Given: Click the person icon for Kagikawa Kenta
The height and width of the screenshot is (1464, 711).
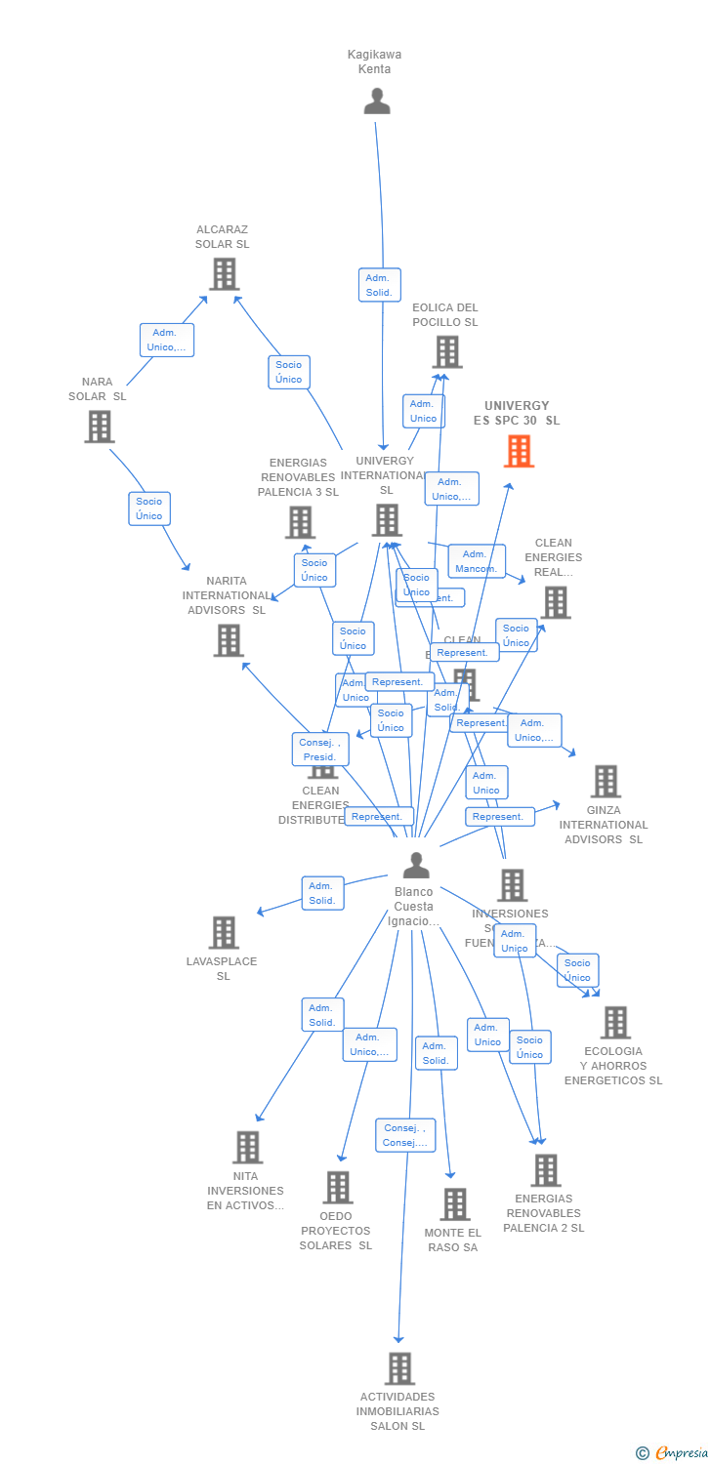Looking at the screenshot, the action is pos(377,102).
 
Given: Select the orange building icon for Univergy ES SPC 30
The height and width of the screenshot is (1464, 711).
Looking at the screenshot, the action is pos(519,451).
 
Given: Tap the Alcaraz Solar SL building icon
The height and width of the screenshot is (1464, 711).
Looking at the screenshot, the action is pos(224,274).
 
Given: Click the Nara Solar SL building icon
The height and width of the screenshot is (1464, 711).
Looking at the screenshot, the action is pos(99,427).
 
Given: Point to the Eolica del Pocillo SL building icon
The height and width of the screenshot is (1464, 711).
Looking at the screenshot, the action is pos(446,351).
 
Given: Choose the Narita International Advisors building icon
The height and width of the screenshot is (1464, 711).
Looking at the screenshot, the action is pos(228,640).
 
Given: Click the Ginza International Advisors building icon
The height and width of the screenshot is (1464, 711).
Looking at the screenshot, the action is pos(605,781).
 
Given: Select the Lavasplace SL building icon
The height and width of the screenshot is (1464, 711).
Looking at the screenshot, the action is pos(224,932).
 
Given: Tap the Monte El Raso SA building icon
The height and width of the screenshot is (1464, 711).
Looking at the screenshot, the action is pos(454,1204).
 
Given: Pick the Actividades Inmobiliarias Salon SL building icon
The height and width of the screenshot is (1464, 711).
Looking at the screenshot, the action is pos(398,1368).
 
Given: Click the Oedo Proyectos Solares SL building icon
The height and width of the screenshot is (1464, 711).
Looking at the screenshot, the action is pos(338,1187).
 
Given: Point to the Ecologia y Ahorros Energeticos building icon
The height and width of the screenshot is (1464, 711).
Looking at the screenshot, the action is pos(614,1022).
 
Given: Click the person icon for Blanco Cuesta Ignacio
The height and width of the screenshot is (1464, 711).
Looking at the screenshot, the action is pos(416,866).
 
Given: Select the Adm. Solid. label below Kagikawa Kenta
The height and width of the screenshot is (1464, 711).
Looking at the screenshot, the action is pos(379,285).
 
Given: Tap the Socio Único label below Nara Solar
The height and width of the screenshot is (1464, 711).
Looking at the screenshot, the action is pos(149,508).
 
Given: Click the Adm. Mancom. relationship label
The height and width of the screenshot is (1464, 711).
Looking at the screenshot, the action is pos(477,561).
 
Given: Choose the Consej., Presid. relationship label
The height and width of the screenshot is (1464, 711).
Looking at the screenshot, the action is pos(319,750).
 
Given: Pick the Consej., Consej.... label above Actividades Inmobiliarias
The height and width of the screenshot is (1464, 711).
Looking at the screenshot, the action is pos(405,1135).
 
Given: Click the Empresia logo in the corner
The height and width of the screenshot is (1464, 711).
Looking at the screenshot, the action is pos(673,1453).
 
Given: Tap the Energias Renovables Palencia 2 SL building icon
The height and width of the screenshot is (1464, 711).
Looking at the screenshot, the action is pos(545,1169).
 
